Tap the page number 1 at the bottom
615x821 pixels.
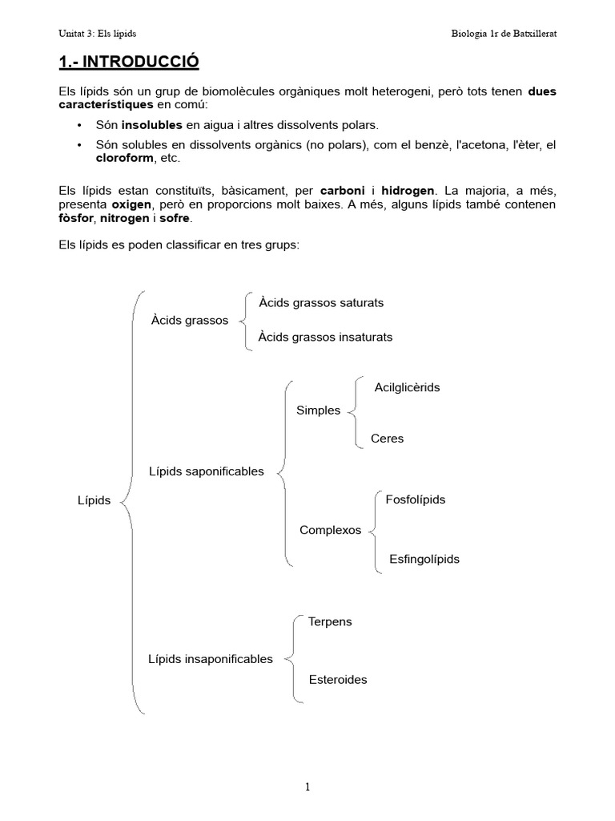tap(307, 787)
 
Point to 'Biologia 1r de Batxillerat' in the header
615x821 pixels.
tap(504, 33)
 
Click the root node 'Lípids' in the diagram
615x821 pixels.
tap(94, 500)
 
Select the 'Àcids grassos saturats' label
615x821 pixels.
tap(321, 302)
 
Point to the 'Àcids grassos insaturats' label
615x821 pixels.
tap(325, 337)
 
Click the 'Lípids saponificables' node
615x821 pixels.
tap(206, 471)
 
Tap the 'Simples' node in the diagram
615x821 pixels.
tap(318, 410)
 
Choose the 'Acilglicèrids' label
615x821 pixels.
tap(407, 387)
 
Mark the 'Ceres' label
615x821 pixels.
tap(388, 439)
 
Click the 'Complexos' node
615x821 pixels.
tap(330, 530)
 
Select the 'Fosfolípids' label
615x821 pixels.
tap(415, 499)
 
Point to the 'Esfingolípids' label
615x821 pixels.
tap(424, 559)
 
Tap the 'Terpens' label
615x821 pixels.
tap(330, 621)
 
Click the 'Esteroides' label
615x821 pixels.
tap(338, 679)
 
